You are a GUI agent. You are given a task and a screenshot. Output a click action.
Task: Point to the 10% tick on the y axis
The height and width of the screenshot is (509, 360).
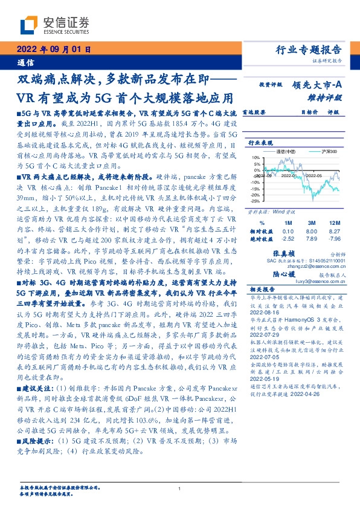point(257,157)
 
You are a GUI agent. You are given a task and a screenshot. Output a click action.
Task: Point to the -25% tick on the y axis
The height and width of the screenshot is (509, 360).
point(256,201)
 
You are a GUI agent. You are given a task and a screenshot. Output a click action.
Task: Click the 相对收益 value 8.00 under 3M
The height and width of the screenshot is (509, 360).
point(312,231)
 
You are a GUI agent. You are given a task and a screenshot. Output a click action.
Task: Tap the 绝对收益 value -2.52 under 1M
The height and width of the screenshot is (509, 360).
point(288,239)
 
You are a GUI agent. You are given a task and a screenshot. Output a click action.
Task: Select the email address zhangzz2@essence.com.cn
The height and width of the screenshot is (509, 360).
point(309,265)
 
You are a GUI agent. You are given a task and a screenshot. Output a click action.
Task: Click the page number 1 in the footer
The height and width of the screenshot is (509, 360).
point(179,489)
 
